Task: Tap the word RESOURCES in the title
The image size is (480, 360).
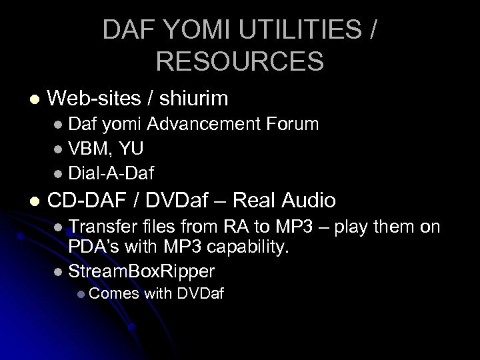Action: (x=240, y=62)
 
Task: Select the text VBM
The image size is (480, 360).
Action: (x=88, y=149)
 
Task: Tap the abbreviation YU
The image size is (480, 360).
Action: (x=131, y=149)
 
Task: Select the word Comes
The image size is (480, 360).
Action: (x=114, y=295)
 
